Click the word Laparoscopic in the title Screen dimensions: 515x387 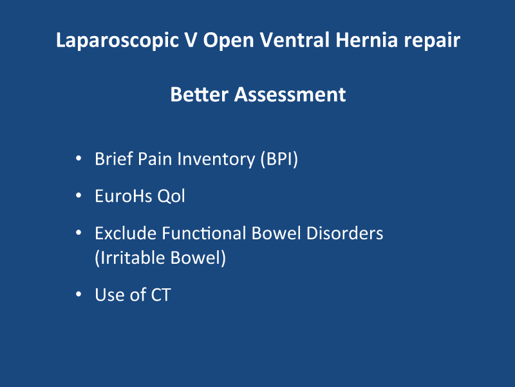tap(117, 41)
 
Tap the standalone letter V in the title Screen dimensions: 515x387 tap(191, 40)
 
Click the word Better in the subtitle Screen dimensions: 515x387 tap(199, 94)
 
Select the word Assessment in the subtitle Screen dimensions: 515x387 tap(290, 94)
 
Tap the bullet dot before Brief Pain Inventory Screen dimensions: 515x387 tap(79, 159)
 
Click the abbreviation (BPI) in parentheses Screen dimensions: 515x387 tap(279, 159)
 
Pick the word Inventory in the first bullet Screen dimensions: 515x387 tap(216, 159)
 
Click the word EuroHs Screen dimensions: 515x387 tap(124, 196)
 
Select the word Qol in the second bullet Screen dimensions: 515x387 tap(171, 196)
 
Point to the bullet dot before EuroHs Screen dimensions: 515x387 tap(79, 195)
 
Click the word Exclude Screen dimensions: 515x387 tap(126, 233)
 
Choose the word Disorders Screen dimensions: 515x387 tap(344, 233)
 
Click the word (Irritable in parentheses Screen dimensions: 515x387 tap(129, 257)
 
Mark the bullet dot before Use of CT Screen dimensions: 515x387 tap(79, 294)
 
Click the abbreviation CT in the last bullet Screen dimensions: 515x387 tap(161, 295)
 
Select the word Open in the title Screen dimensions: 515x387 tap(229, 41)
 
